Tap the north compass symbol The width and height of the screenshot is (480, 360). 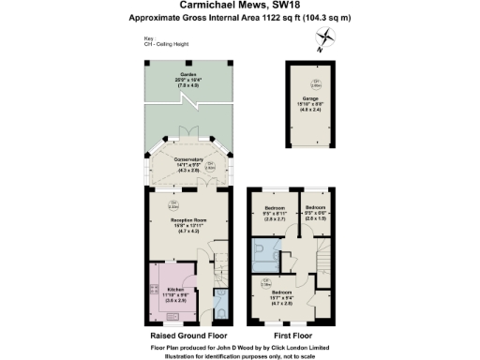[x=325, y=38]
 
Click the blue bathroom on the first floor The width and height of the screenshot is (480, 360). [x=270, y=252]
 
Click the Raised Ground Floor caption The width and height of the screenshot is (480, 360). [x=187, y=333]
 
